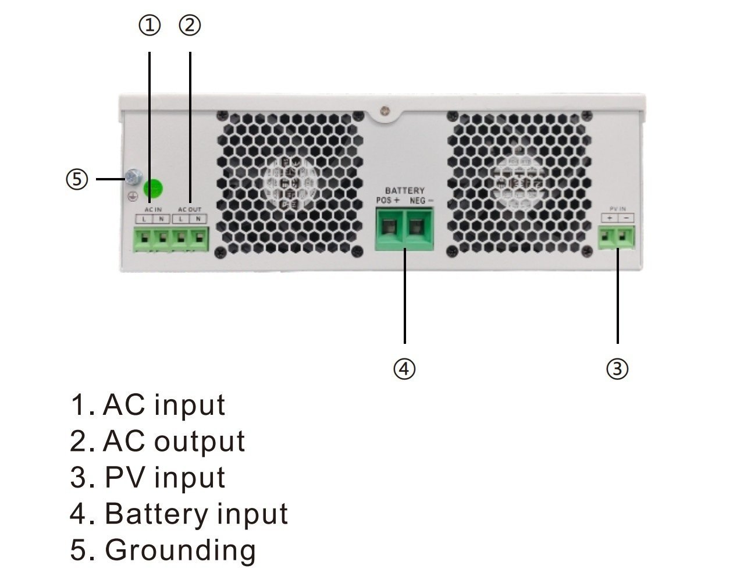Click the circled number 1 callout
[150, 26]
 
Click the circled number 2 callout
[190, 26]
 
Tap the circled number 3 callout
[617, 368]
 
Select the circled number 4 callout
[404, 368]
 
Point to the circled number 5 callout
[77, 179]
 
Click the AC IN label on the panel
[153, 209]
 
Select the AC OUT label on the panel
[190, 209]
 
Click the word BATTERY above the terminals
[404, 190]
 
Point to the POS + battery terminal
[389, 228]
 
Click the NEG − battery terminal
[418, 228]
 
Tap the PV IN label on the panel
[617, 208]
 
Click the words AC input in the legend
[163, 405]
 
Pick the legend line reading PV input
[164, 477]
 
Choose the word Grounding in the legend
[180, 550]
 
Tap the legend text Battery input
[195, 514]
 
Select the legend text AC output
[173, 441]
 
